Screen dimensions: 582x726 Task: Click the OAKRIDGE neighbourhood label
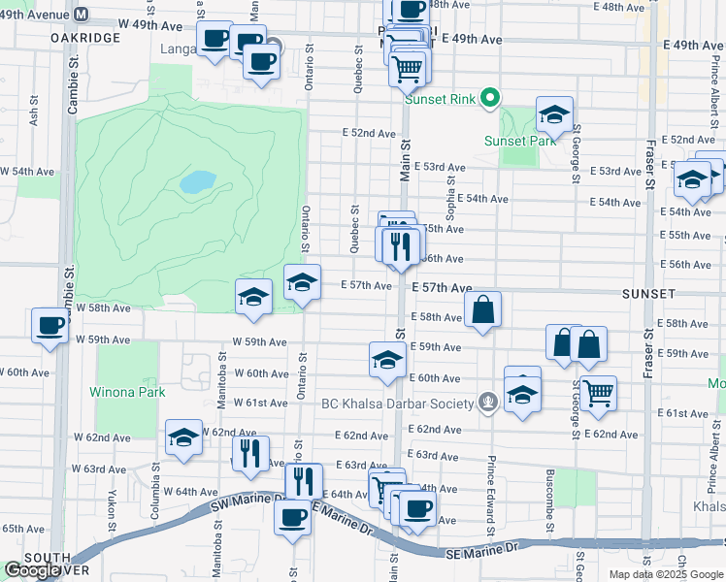(x=87, y=37)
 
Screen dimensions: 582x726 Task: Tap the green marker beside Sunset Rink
(x=490, y=97)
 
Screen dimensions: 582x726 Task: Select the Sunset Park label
(x=519, y=141)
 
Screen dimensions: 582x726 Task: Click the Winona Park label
(x=127, y=392)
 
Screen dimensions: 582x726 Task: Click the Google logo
(x=32, y=570)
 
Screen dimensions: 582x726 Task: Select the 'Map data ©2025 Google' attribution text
(x=665, y=574)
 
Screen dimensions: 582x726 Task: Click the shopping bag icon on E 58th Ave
(x=482, y=310)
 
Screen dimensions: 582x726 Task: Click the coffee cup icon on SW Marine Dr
(x=290, y=516)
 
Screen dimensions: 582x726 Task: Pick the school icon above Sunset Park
(x=554, y=114)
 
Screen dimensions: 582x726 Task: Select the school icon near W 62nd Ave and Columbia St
(x=182, y=437)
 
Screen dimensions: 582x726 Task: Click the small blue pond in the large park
(x=198, y=181)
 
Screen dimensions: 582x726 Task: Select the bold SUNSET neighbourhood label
(x=648, y=292)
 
